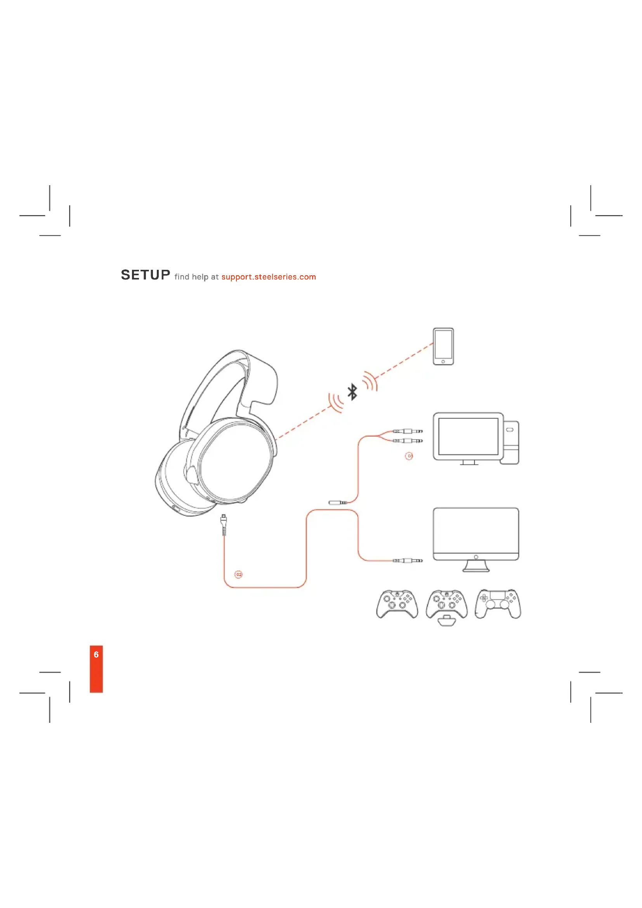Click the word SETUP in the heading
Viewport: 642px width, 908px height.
click(145, 275)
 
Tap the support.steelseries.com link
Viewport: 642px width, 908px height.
click(269, 277)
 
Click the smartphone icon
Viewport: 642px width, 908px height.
click(443, 346)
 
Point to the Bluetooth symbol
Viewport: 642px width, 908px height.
click(352, 392)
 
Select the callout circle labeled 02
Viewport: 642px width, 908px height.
click(238, 574)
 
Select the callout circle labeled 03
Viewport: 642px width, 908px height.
click(409, 456)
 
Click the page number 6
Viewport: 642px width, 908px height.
click(96, 655)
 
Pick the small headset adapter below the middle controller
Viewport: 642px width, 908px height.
click(446, 621)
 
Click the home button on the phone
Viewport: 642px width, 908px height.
click(443, 361)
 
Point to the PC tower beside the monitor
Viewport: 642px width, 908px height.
click(510, 443)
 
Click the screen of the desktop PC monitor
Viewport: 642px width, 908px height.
click(468, 436)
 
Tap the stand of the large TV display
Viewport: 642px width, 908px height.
click(475, 567)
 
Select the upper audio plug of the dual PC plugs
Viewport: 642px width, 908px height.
click(408, 431)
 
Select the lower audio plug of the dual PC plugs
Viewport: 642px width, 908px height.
click(408, 441)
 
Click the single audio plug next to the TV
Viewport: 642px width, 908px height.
click(408, 561)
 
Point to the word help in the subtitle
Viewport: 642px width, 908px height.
click(200, 277)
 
